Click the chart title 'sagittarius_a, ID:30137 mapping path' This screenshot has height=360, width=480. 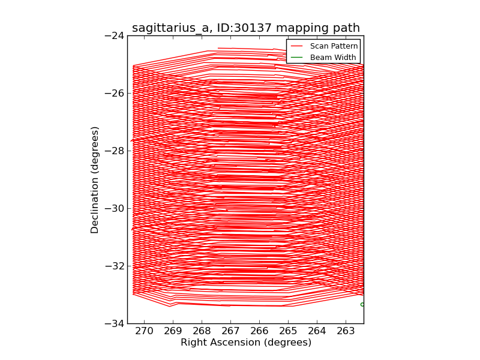(246, 28)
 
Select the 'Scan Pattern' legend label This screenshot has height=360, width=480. (334, 46)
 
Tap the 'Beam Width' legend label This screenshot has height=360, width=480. (333, 58)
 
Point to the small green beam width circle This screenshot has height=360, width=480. (362, 304)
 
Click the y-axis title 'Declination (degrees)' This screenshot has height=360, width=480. (95, 179)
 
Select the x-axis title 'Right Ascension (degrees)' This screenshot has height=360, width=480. (246, 343)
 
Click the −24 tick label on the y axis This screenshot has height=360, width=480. (113, 35)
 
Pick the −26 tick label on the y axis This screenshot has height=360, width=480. (113, 93)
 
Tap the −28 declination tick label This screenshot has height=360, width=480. (113, 151)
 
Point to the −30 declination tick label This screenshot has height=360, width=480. (113, 208)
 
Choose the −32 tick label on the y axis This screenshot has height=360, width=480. (113, 266)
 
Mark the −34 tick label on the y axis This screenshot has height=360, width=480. (113, 323)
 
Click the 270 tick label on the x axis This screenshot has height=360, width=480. (145, 331)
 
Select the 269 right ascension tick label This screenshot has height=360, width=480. (173, 331)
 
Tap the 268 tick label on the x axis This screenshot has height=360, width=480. (202, 331)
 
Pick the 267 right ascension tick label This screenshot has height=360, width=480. (231, 331)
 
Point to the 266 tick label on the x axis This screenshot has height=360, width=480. (260, 331)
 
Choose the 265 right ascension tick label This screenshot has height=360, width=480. (289, 331)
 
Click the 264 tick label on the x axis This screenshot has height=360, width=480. (317, 331)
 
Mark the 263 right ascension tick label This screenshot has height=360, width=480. (346, 331)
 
